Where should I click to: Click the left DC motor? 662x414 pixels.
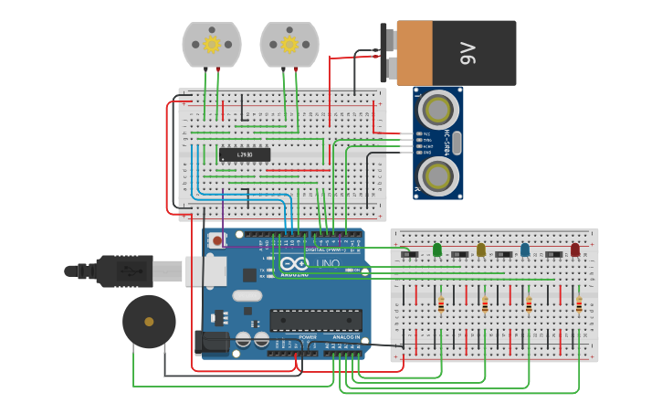212,45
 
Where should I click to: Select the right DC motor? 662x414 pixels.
289,45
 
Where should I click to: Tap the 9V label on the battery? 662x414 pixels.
468,53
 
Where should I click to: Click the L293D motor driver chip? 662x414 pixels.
244,154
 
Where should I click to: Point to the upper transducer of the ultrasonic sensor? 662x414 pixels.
439,111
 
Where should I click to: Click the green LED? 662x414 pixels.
437,249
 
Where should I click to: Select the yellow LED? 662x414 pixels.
481,249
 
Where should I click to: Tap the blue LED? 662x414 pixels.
525,249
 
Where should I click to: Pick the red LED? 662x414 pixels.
575,249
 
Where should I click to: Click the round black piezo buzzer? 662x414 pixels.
149,321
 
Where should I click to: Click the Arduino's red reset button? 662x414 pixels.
216,241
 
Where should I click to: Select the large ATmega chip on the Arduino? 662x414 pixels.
315,320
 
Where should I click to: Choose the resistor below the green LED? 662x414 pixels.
441,304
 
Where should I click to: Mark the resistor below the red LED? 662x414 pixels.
579,304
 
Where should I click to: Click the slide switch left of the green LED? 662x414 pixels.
410,254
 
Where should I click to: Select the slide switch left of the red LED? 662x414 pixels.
553,254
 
